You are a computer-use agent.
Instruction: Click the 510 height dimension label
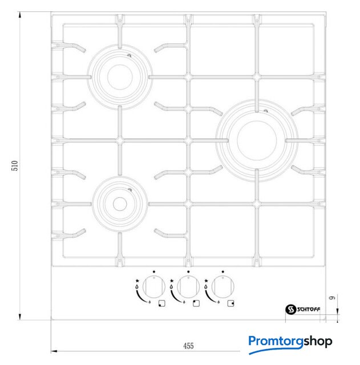pos(15,165)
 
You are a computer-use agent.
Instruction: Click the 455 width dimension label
pos(188,346)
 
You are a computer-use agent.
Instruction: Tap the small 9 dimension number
pos(333,298)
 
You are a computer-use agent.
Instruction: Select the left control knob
pos(154,287)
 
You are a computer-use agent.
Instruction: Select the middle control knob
pos(188,287)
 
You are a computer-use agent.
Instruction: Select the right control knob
pos(223,287)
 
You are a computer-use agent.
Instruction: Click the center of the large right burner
pos(257,140)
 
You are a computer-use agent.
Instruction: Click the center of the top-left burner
pos(120,77)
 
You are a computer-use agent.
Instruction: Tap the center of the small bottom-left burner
pos(120,204)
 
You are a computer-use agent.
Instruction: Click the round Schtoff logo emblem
pos(291,309)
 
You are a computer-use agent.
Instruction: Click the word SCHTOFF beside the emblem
pos(309,309)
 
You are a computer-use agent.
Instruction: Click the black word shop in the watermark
pos(318,342)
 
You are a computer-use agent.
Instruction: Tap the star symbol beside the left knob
pos(137,281)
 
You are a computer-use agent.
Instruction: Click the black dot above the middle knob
pos(188,271)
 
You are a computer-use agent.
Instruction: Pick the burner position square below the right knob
pos(230,303)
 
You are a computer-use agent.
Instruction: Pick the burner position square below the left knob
pos(162,303)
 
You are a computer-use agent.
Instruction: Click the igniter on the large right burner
pos(265,111)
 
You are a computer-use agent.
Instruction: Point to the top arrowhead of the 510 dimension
pos(20,15)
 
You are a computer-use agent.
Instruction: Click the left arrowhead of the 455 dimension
pos(54,351)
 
